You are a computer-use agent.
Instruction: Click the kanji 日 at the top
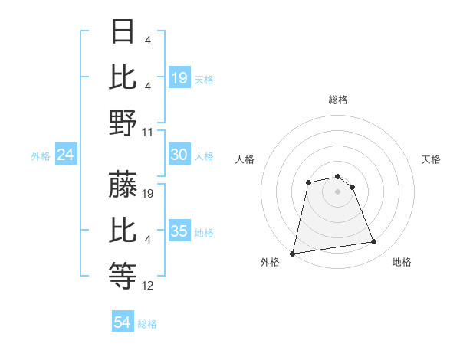(x=123, y=31)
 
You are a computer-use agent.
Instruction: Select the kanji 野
(x=123, y=123)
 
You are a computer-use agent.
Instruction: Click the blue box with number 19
(x=179, y=77)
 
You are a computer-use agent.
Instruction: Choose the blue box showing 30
(x=179, y=155)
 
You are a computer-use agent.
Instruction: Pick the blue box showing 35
(x=179, y=231)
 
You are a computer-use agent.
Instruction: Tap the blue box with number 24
(x=66, y=155)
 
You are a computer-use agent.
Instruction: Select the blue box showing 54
(x=123, y=323)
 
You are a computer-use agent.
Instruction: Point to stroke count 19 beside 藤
(x=149, y=194)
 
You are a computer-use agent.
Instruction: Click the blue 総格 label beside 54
(x=147, y=324)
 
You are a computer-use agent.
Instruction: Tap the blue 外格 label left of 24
(x=41, y=156)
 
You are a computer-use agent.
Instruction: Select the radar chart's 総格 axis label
(x=337, y=100)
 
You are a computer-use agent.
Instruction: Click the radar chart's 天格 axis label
(x=431, y=159)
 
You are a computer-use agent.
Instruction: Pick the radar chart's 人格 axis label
(x=245, y=159)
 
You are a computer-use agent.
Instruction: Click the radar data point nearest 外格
(x=293, y=253)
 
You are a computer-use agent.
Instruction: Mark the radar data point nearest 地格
(x=374, y=242)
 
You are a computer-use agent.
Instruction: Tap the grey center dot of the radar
(x=337, y=191)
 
